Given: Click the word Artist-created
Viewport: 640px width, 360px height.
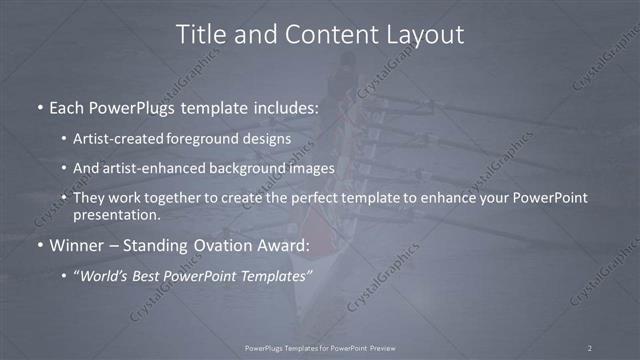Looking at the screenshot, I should tap(122, 138).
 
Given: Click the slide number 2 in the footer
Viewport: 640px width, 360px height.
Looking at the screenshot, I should tap(590, 347).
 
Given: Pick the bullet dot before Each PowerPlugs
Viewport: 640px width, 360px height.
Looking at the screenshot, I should tap(40, 107).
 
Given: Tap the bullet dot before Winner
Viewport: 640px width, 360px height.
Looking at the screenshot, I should tap(40, 244).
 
